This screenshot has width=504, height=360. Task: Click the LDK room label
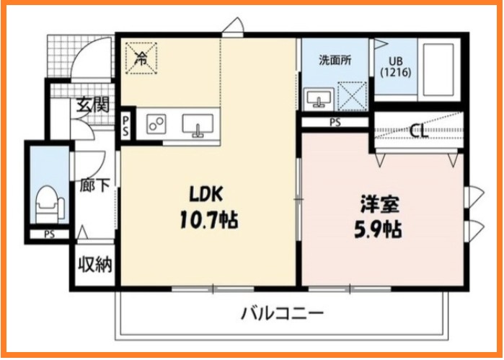pyautogui.click(x=208, y=193)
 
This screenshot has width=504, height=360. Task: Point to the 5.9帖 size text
pyautogui.click(x=378, y=229)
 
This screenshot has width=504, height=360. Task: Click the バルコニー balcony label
pyautogui.click(x=282, y=314)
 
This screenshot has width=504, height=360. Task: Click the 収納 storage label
pyautogui.click(x=95, y=265)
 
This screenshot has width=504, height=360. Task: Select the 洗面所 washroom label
pyautogui.click(x=335, y=61)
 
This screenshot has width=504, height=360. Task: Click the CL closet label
pyautogui.click(x=417, y=131)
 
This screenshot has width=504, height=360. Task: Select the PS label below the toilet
pyautogui.click(x=49, y=234)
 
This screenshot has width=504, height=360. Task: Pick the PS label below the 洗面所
pyautogui.click(x=335, y=122)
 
